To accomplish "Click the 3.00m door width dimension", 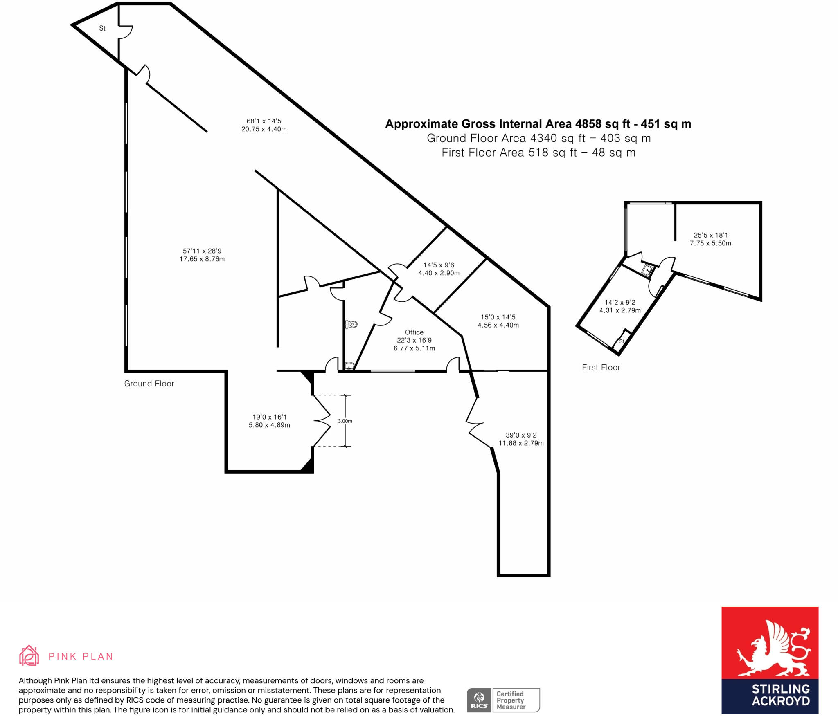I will (345, 421).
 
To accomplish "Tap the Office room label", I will (414, 332).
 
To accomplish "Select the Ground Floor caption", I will (149, 384).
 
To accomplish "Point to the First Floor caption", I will (601, 368).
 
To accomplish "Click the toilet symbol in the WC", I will (351, 324).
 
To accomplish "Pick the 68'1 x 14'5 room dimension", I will (264, 125).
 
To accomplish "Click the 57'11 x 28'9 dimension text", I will (202, 255).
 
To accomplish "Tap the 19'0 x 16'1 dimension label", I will (269, 421).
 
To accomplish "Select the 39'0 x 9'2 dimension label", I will (521, 439).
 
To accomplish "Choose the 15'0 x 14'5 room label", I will (498, 321).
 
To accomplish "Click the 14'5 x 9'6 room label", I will (439, 269).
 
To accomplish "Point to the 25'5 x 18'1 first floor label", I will (710, 239).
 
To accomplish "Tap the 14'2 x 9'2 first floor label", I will (620, 306).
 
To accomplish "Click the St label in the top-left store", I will (102, 28).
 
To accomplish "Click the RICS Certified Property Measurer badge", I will (503, 700).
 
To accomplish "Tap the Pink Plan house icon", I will (29, 655).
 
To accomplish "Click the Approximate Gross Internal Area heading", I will (538, 124).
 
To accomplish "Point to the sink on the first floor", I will (648, 270).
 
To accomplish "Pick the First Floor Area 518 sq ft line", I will (538, 153).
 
